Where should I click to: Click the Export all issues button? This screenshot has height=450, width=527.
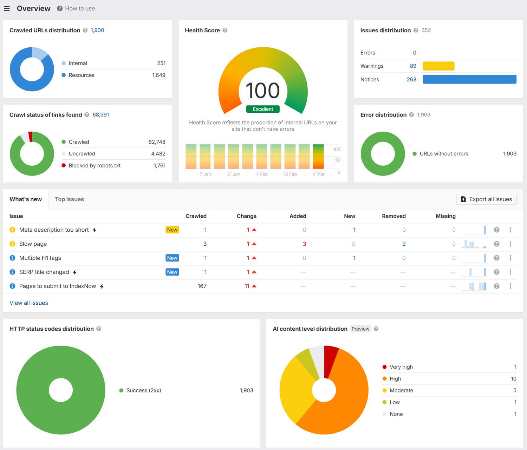click(486, 199)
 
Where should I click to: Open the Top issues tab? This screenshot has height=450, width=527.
click(69, 199)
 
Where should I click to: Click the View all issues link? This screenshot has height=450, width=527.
click(29, 303)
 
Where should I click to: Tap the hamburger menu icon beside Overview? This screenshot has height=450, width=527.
click(7, 8)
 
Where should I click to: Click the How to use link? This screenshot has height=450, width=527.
click(80, 8)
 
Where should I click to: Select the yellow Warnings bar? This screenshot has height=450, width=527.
click(438, 66)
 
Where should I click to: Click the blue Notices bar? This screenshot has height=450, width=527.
click(469, 79)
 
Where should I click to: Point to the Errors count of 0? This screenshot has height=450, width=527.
click(415, 53)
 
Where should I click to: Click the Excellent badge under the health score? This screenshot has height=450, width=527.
click(263, 109)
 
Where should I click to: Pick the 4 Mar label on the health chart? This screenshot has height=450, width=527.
click(318, 174)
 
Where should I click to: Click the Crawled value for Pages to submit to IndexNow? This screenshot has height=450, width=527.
click(202, 286)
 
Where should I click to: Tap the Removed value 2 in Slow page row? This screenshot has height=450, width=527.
click(404, 244)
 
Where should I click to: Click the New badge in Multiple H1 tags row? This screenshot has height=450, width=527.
click(172, 258)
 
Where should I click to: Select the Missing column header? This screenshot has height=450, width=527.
click(445, 216)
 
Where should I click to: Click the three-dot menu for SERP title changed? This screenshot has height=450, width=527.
click(510, 272)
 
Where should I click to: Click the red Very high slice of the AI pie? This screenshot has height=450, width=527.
click(330, 360)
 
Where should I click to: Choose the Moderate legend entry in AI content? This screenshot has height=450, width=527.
click(401, 390)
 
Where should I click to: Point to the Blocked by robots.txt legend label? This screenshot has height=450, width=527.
click(95, 165)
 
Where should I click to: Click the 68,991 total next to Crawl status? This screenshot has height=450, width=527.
click(101, 115)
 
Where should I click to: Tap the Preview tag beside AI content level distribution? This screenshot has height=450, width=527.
click(360, 329)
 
